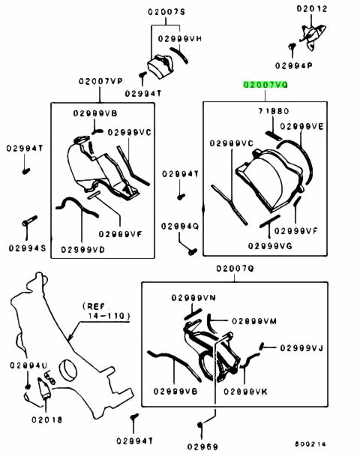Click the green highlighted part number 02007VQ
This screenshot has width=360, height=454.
point(265,85)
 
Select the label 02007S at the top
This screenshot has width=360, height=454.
point(166,12)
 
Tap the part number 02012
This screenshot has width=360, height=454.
point(312,9)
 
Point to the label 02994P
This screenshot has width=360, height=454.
point(293,66)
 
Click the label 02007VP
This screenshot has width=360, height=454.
point(100,81)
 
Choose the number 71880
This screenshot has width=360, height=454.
point(274,111)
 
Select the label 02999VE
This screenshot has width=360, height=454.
point(301,127)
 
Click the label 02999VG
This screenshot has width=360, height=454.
point(270,246)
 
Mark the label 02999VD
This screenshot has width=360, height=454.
point(83,250)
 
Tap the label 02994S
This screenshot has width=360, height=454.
point(27,248)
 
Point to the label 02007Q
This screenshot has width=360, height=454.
point(235,269)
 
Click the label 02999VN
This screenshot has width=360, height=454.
point(193,298)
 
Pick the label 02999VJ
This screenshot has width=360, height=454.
point(301,348)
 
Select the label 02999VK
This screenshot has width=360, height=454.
point(245,392)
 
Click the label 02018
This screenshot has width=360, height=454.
point(47,419)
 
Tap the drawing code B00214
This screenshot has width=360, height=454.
point(310,443)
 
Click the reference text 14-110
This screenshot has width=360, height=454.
point(109,316)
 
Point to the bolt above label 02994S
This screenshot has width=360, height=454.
point(29,221)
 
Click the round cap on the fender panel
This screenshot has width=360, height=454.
point(68,370)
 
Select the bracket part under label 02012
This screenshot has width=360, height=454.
point(313,35)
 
